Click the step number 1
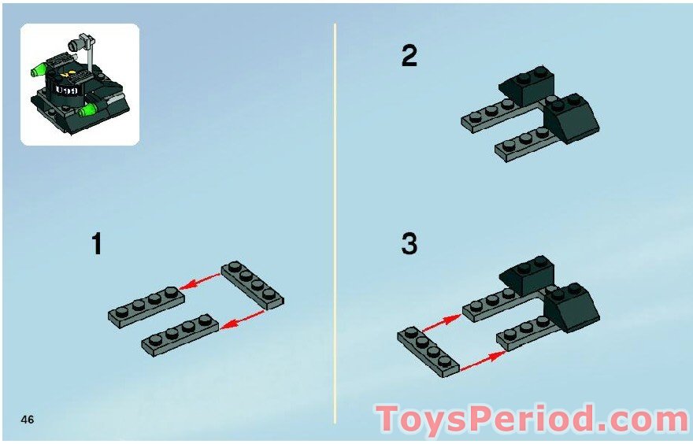point(97,244)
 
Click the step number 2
point(409,57)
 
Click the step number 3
point(409,244)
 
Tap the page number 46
point(28,419)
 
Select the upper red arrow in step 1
point(198,282)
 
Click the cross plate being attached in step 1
point(252,284)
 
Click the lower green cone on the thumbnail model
point(89,109)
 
